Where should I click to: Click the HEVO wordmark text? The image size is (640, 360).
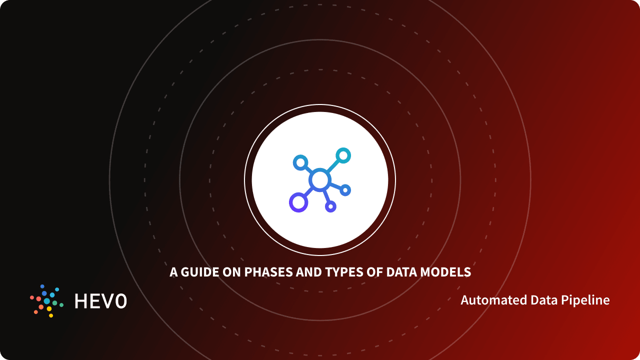tap(100, 301)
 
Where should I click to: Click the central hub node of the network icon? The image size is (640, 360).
tap(319, 180)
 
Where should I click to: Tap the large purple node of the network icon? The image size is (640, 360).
tap(298, 202)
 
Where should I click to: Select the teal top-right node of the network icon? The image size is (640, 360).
tap(343, 155)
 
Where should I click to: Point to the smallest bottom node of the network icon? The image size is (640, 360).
tap(330, 206)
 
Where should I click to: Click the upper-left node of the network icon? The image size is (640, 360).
tap(300, 162)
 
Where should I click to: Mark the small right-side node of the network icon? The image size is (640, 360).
tap(345, 190)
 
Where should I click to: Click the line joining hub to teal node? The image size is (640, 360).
tap(331, 167)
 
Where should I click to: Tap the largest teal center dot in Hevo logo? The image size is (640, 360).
tap(47, 301)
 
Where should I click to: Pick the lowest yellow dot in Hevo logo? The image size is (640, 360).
tap(51, 315)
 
